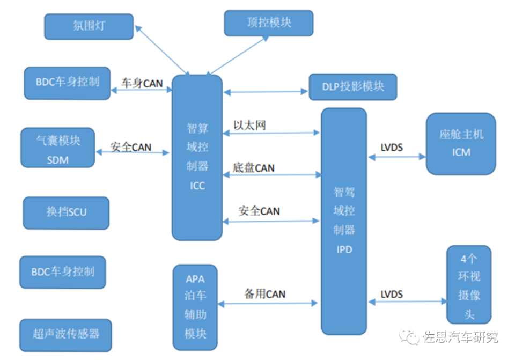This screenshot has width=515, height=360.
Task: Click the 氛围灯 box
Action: [x=89, y=26]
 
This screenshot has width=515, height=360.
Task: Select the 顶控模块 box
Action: [x=269, y=23]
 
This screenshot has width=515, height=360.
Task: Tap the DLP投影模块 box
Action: [x=352, y=87]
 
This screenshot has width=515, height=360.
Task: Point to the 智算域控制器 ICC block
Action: [x=197, y=157]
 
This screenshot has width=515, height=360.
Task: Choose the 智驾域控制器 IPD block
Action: [x=344, y=221]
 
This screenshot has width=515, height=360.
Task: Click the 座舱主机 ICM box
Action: [x=461, y=143]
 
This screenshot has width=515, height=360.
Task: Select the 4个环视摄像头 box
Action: [x=468, y=284]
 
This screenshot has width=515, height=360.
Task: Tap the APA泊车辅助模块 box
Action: [x=195, y=306]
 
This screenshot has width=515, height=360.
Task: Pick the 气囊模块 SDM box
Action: [x=57, y=148]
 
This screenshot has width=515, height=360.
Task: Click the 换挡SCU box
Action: [x=66, y=212]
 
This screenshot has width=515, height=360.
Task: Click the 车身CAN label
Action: [x=142, y=83]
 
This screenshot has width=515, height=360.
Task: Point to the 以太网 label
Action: [x=249, y=125]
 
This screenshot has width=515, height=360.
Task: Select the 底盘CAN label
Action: [x=254, y=168]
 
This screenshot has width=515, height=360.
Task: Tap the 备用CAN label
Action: [x=265, y=294]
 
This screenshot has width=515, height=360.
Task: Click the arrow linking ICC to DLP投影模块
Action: [x=266, y=93]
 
